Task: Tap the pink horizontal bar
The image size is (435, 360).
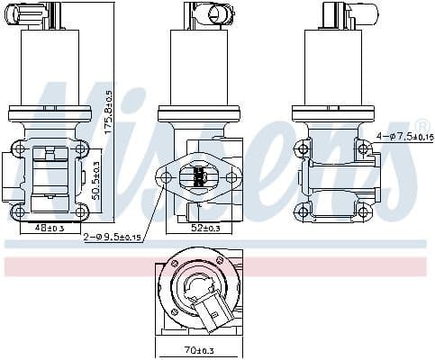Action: pyautogui.click(x=217, y=266)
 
